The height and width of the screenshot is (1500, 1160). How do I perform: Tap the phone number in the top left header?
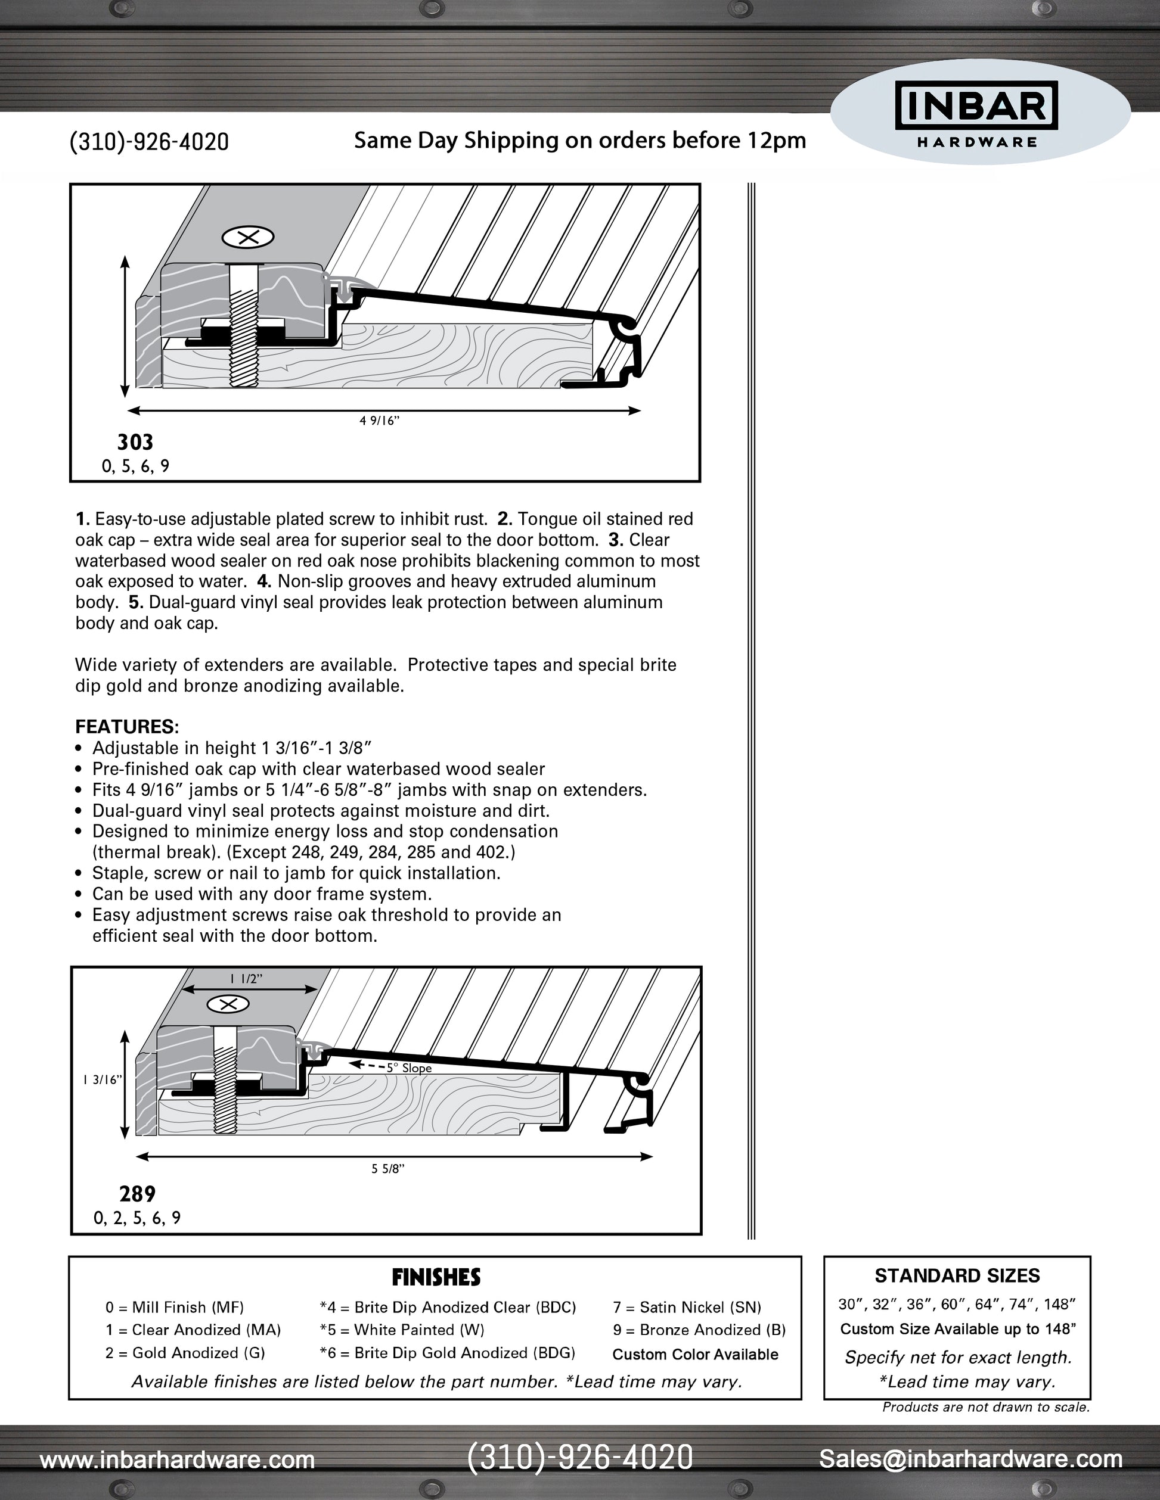pyautogui.click(x=149, y=142)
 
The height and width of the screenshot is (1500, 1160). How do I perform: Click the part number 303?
pyautogui.click(x=135, y=441)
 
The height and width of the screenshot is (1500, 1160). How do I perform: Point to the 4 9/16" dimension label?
pyautogui.click(x=379, y=421)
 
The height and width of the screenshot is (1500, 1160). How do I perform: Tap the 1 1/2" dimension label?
pyautogui.click(x=246, y=979)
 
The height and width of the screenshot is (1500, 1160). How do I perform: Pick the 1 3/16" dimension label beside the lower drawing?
pyautogui.click(x=102, y=1079)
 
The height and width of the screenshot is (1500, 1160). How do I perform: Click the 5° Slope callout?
pyautogui.click(x=408, y=1068)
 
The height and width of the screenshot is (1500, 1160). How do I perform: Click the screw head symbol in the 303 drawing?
pyautogui.click(x=248, y=238)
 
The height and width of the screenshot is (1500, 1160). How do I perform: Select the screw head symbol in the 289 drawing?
pyautogui.click(x=228, y=1005)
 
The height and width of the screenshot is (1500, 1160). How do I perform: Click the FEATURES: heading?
pyautogui.click(x=127, y=727)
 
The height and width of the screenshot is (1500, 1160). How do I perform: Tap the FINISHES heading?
pyautogui.click(x=436, y=1277)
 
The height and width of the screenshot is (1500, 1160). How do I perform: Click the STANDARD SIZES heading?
pyautogui.click(x=957, y=1275)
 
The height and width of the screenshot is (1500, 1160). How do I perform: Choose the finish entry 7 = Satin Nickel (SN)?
pyautogui.click(x=687, y=1307)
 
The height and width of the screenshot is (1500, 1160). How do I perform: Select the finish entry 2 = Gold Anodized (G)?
pyautogui.click(x=185, y=1352)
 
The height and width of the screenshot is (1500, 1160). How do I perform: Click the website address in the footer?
pyautogui.click(x=177, y=1459)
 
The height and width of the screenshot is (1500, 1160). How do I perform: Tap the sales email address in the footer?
pyautogui.click(x=970, y=1458)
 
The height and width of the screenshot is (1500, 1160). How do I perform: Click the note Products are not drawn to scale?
pyautogui.click(x=985, y=1407)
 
